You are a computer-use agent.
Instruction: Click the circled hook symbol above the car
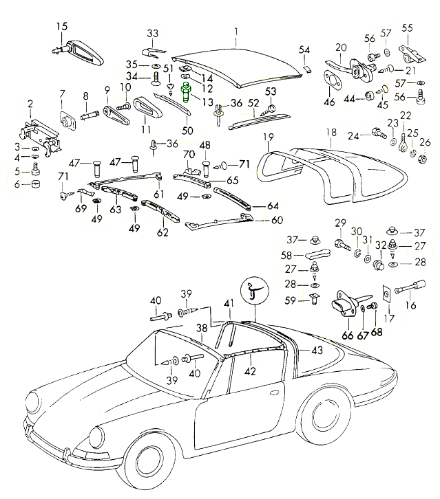(253, 291)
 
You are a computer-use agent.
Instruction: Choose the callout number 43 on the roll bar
(316, 349)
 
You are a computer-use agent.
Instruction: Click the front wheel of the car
(156, 465)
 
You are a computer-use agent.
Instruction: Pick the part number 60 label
(277, 220)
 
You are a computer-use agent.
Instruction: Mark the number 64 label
(273, 206)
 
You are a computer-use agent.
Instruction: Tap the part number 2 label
(30, 103)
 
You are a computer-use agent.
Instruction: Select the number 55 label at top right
(408, 27)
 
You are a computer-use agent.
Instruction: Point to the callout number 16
(412, 307)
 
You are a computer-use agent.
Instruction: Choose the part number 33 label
(152, 33)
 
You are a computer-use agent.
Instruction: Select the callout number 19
(269, 136)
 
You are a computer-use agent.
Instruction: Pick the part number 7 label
(62, 94)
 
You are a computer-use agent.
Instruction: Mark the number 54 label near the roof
(305, 49)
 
